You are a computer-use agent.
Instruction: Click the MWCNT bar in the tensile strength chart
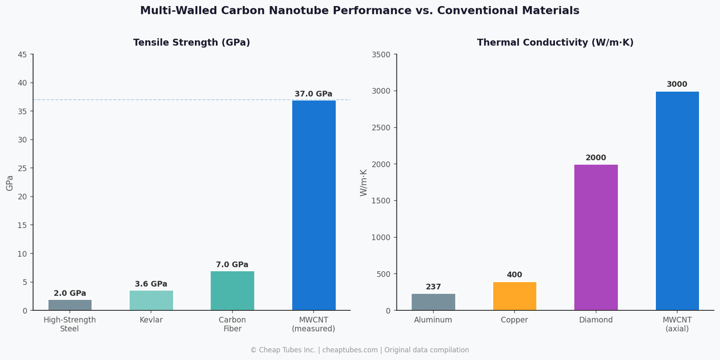tap(314, 205)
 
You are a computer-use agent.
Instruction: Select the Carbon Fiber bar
tap(232, 291)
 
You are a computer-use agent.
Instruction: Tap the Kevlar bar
tap(151, 301)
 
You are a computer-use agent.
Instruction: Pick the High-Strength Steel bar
tap(70, 305)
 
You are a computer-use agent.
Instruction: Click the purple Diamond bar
tap(596, 238)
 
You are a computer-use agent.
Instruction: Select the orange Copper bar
tap(514, 296)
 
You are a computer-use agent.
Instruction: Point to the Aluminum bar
tap(433, 302)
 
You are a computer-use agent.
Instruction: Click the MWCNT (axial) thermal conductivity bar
tap(677, 201)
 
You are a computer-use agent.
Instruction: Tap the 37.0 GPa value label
tap(313, 94)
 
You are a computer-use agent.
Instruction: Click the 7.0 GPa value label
tap(232, 265)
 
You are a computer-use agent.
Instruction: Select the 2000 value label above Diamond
tap(596, 158)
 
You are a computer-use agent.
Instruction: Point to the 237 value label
tap(433, 287)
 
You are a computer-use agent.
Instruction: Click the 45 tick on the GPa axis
tap(22, 55)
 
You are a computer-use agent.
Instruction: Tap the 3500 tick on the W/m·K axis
tap(380, 55)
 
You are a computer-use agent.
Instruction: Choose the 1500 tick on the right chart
tap(380, 201)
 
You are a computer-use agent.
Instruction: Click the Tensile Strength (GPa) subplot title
tap(191, 43)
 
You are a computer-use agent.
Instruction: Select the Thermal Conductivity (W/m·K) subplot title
tap(555, 43)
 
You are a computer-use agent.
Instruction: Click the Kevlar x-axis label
tap(151, 320)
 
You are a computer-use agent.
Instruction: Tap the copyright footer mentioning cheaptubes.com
tap(359, 350)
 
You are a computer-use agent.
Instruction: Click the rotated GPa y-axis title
tap(10, 183)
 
